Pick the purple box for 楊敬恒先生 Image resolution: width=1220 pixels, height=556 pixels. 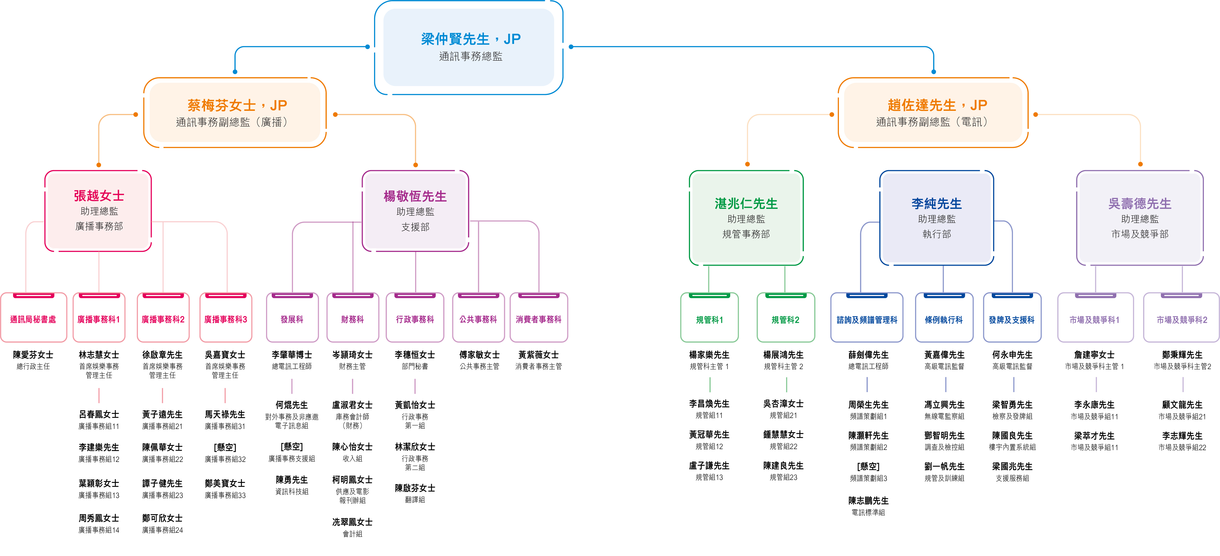[x=415, y=211]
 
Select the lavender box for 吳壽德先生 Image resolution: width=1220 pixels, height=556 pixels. [x=1140, y=218]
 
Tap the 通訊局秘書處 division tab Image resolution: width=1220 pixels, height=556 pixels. [x=33, y=319]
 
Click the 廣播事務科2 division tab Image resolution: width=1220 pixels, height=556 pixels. [x=163, y=319]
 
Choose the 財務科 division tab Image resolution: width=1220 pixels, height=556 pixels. [x=352, y=319]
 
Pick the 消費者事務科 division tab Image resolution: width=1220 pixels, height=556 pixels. [x=539, y=319]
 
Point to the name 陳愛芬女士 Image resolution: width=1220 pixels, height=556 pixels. [x=33, y=354]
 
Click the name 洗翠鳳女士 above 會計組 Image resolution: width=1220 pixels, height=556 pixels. [x=352, y=522]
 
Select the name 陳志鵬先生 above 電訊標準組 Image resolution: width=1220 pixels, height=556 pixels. [x=868, y=501]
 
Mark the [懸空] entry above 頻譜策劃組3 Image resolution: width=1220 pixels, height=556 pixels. [x=868, y=466]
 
